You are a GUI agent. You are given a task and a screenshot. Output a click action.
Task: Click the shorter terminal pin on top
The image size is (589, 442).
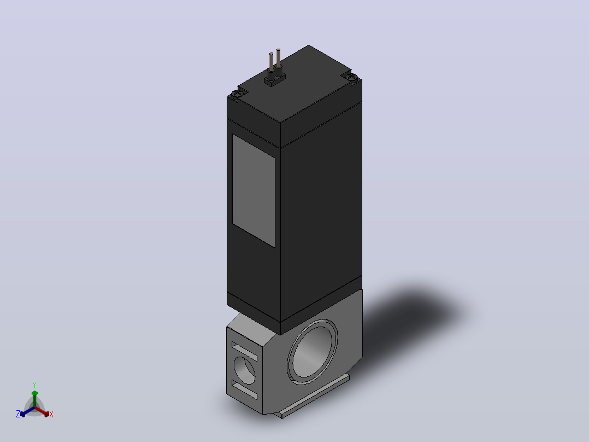[x=271, y=61]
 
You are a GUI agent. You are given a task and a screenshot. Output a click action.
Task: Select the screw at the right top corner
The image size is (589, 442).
[x=352, y=78]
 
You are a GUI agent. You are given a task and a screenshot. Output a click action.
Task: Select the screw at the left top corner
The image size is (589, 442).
[x=236, y=94]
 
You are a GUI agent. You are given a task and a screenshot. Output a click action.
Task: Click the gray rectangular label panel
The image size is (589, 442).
[x=254, y=191]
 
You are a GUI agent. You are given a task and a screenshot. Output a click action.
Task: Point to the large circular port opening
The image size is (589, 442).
[x=313, y=351]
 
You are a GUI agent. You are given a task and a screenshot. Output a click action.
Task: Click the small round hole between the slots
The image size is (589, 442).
[x=245, y=370]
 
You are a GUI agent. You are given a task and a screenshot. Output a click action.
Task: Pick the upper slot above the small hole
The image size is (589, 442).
[x=244, y=351]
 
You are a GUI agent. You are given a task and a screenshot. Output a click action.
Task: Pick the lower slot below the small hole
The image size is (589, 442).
[x=244, y=389]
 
